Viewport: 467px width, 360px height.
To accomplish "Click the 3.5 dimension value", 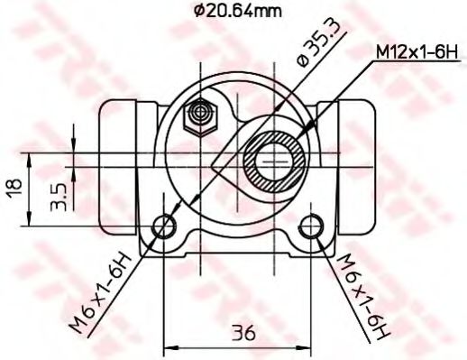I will (57, 197).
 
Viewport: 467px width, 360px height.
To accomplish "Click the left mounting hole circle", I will (164, 226).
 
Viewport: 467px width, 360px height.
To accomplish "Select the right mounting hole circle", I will (313, 226).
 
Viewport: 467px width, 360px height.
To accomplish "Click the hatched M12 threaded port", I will (275, 160).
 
